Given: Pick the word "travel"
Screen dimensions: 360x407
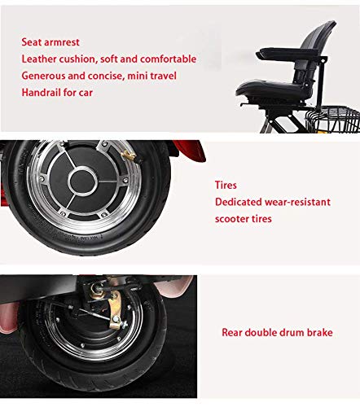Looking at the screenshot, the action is click(164, 76).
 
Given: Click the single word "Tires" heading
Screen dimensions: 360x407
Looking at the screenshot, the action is click(226, 185).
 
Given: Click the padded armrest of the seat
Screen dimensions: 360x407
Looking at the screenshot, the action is click(288, 54).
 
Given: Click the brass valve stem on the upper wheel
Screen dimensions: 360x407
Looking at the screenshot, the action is click(130, 156).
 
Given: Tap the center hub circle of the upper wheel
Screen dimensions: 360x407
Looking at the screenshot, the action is click(82, 182).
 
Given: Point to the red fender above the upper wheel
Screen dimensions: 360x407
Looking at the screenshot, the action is click(189, 150).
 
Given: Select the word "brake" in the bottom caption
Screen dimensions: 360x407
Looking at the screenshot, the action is click(320, 332).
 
